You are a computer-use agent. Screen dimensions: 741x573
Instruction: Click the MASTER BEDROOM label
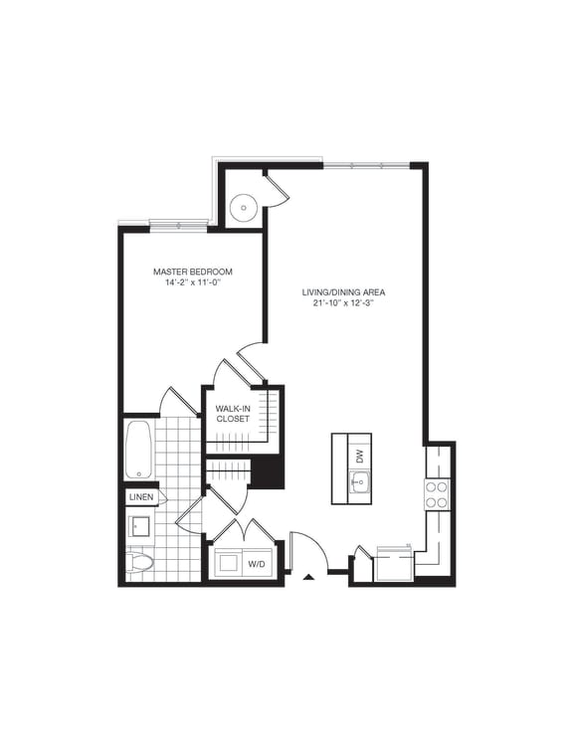click(x=192, y=271)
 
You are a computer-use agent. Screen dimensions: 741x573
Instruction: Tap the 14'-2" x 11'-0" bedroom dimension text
click(x=192, y=282)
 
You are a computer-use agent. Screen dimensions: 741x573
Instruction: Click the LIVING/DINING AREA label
click(x=344, y=292)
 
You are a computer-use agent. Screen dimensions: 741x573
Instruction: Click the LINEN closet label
click(x=139, y=497)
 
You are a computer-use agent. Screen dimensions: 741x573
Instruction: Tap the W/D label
click(x=257, y=565)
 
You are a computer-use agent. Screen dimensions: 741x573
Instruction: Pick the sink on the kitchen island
click(x=358, y=482)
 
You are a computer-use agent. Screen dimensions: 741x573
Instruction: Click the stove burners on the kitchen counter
click(x=438, y=494)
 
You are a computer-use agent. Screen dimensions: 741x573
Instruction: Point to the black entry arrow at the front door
click(x=308, y=574)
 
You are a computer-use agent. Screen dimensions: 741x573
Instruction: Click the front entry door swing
click(x=304, y=552)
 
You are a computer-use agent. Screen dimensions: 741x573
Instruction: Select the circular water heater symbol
click(x=244, y=208)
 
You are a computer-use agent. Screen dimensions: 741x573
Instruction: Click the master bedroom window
click(x=179, y=225)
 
